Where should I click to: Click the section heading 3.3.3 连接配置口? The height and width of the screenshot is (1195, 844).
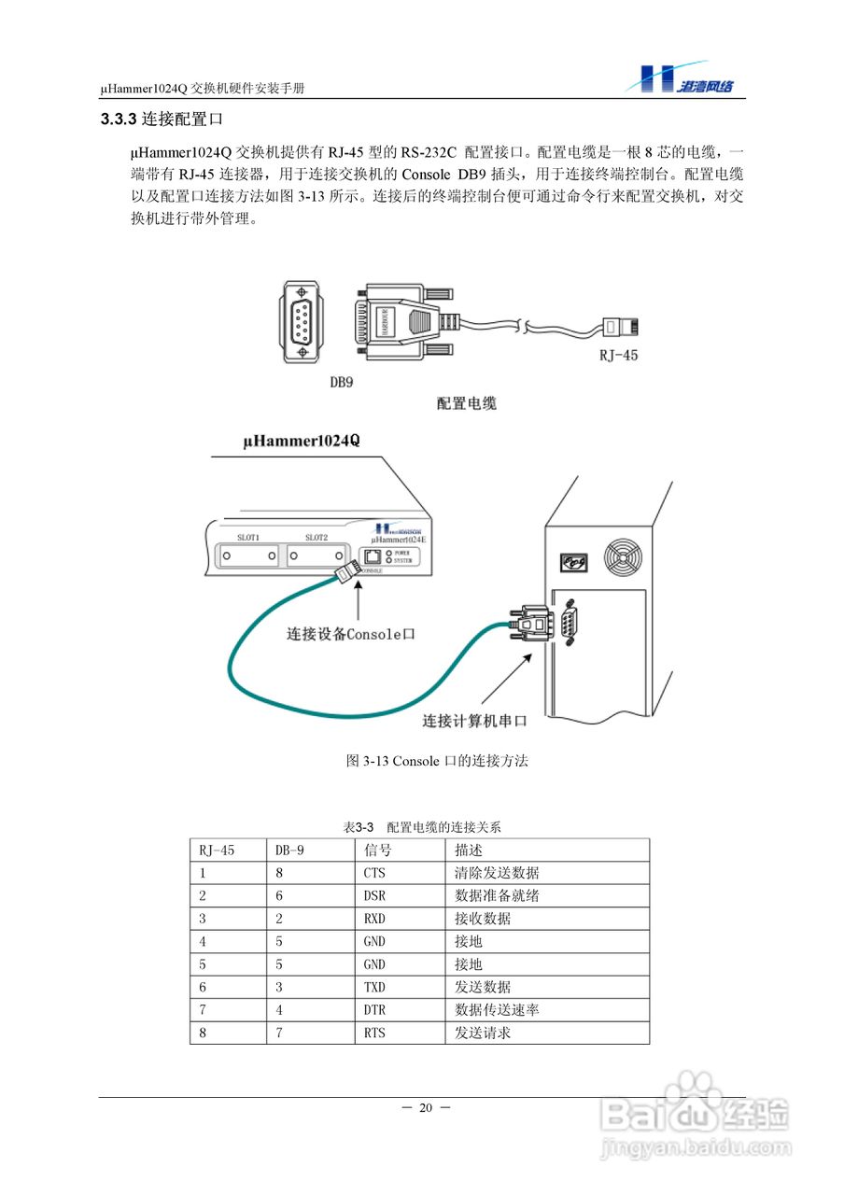click(x=161, y=120)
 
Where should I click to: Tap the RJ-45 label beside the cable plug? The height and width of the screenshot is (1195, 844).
click(x=618, y=356)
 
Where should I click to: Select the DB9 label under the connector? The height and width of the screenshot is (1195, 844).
click(x=342, y=382)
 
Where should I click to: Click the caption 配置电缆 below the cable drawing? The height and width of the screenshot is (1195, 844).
click(x=466, y=403)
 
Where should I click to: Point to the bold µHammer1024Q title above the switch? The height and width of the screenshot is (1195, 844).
click(x=301, y=440)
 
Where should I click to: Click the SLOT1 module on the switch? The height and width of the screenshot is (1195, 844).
click(x=247, y=555)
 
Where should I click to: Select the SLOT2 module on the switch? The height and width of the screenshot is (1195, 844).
click(x=317, y=555)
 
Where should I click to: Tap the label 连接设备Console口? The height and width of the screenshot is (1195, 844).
click(x=350, y=634)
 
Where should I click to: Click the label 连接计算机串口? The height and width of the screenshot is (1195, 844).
click(x=474, y=721)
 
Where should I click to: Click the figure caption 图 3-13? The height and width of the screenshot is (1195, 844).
click(x=437, y=761)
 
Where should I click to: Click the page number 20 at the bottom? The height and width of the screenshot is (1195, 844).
click(x=426, y=1108)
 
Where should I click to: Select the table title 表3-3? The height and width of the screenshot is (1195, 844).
click(x=359, y=827)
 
